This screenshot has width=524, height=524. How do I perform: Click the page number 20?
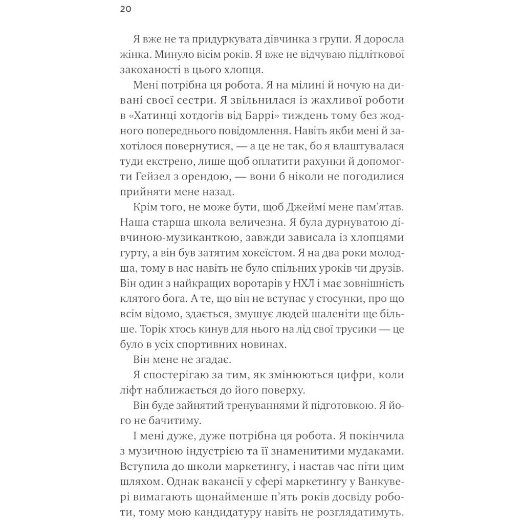click(x=125, y=10)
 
